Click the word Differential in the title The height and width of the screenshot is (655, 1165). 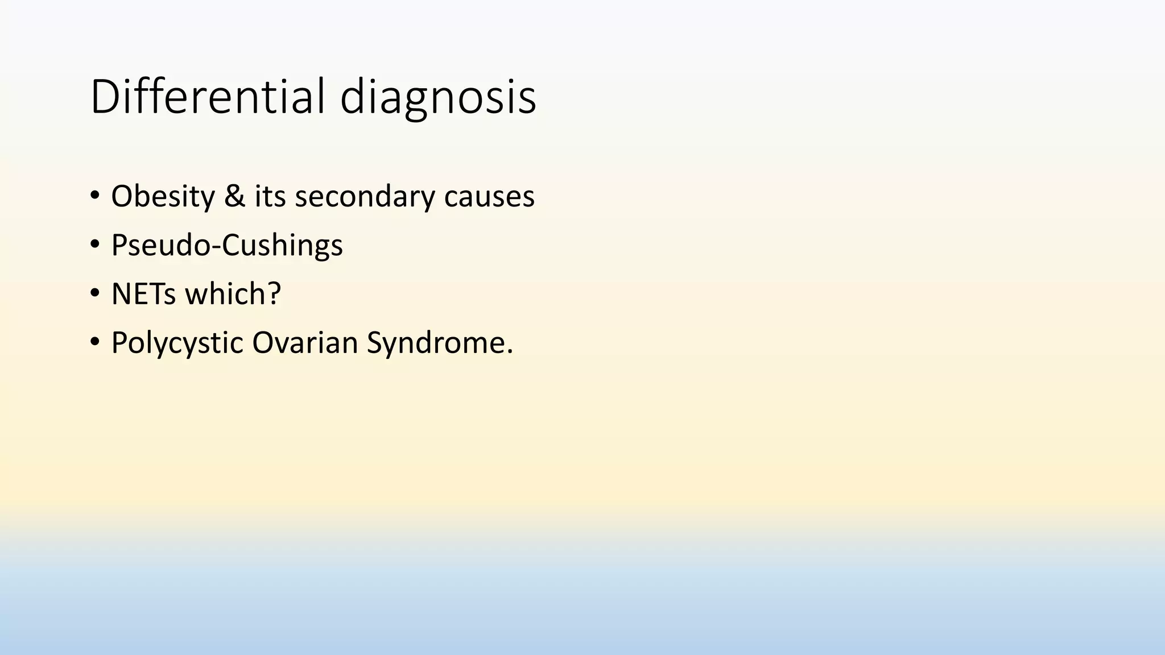click(x=208, y=97)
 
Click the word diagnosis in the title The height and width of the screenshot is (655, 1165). click(x=438, y=98)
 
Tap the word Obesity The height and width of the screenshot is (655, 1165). click(x=163, y=197)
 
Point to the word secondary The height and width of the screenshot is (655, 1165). click(x=364, y=197)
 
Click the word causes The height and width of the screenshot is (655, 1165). click(x=489, y=197)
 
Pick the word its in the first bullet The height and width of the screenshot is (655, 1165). click(x=270, y=196)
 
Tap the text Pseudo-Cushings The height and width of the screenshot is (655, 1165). click(x=227, y=246)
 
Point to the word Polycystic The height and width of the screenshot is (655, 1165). click(x=177, y=343)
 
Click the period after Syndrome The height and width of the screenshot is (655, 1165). click(x=509, y=352)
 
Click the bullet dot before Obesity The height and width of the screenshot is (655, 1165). click(x=94, y=196)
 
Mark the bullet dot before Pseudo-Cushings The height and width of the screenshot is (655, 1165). click(x=94, y=244)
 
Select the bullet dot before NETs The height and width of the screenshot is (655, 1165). click(x=94, y=293)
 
